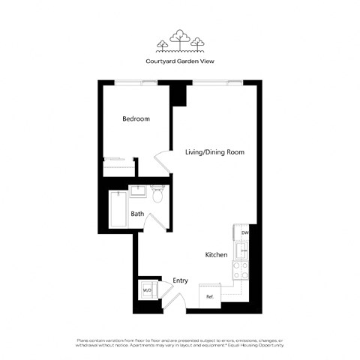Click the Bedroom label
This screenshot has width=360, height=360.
(136, 119)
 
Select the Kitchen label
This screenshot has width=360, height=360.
(216, 255)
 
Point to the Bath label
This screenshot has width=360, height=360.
(137, 214)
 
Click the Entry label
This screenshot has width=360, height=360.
(180, 280)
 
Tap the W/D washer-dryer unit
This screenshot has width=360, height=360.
(147, 289)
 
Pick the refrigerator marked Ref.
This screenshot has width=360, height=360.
(211, 293)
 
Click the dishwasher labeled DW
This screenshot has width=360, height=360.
(244, 233)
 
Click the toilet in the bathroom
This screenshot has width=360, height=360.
(157, 196)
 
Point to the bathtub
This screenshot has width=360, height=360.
(118, 209)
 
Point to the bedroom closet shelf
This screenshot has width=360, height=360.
(118, 159)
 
